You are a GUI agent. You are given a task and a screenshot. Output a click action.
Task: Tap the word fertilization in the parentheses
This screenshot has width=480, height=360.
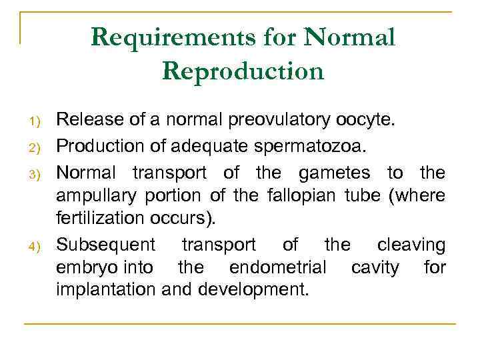pos(99,218)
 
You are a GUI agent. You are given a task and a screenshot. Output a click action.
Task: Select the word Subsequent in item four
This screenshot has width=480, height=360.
pos(106,245)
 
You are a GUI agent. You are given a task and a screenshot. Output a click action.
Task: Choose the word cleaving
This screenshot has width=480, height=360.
pos(411,245)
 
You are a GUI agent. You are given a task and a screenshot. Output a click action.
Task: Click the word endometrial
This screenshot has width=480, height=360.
pos(277,267)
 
